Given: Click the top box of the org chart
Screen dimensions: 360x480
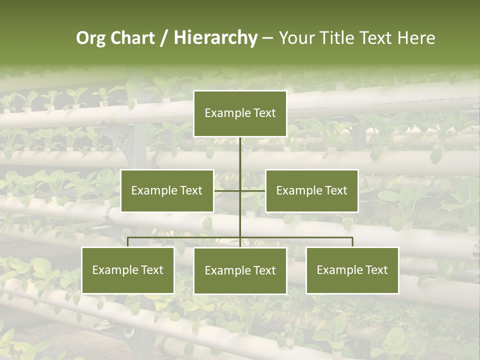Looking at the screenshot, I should [240, 113].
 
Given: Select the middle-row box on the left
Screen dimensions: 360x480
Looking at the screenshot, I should [167, 190].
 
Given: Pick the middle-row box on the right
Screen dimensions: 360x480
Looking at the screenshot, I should [312, 190].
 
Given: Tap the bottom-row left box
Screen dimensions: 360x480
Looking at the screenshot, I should [128, 270].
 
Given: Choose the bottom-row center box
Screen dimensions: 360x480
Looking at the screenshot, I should [240, 271].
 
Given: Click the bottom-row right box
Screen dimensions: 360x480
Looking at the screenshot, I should [352, 270].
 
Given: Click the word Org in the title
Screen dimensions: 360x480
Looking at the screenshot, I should [90, 38].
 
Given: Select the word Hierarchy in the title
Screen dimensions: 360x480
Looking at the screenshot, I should [215, 38].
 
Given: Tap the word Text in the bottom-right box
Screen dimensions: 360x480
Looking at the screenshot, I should [376, 270].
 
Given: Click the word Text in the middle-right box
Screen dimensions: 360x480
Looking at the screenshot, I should [336, 190].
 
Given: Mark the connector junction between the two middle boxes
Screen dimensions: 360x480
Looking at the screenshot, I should [240, 190].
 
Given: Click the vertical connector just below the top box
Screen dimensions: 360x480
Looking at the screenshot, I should [240, 150].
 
